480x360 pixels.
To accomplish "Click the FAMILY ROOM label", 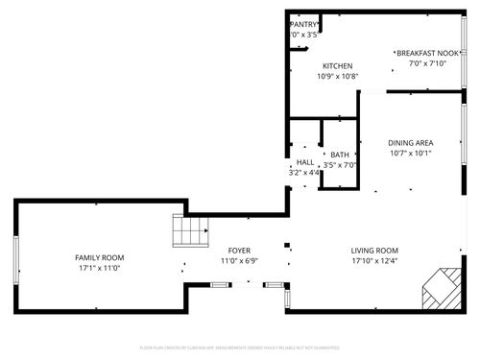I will [100, 257].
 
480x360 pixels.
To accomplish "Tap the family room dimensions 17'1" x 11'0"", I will [100, 269].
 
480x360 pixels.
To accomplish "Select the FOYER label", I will [238, 250].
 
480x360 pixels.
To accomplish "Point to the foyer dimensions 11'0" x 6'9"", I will [238, 260].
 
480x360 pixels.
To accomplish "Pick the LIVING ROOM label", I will [374, 250].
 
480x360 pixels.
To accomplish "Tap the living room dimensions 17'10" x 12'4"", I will [374, 260].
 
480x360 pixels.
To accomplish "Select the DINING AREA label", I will [411, 142].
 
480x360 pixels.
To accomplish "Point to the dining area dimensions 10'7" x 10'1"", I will [411, 153].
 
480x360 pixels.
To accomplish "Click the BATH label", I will [340, 155].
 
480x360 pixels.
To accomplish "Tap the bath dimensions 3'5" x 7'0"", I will [340, 165].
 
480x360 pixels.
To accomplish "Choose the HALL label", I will [305, 162].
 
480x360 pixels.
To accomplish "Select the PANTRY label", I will [304, 24].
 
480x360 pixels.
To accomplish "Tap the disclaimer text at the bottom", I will [240, 347].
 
